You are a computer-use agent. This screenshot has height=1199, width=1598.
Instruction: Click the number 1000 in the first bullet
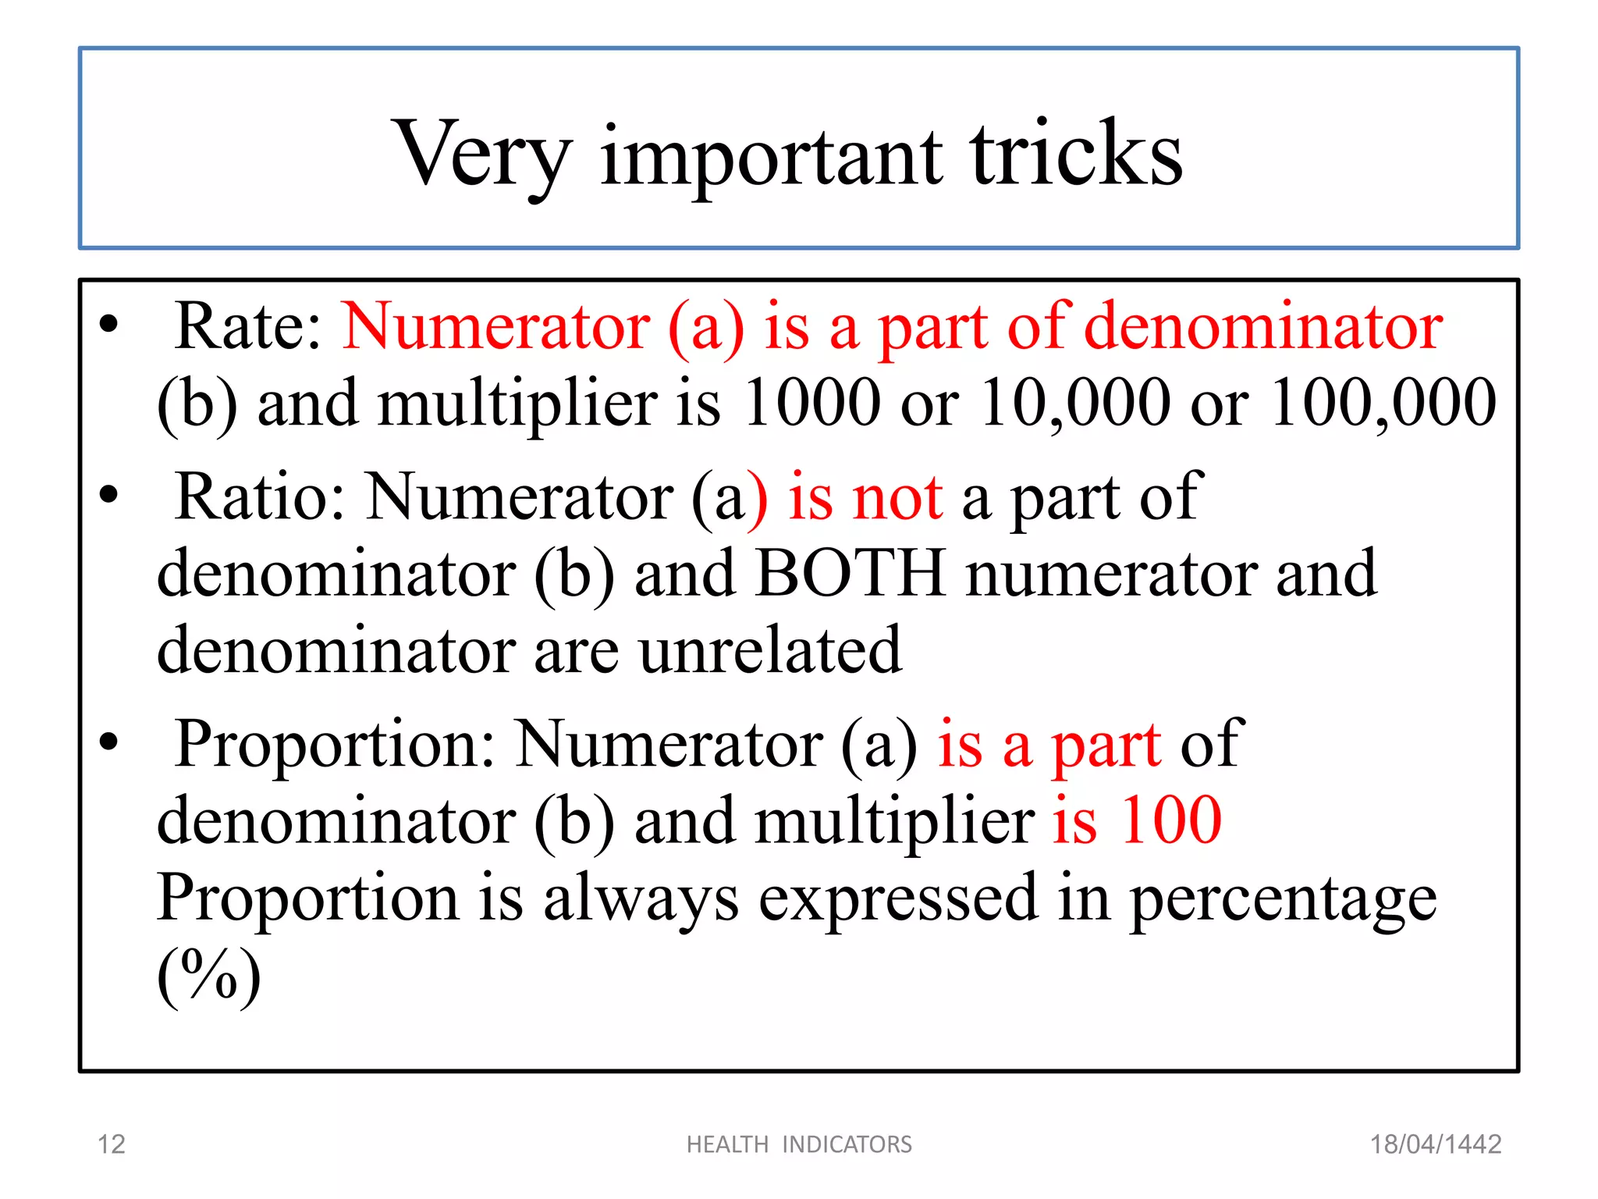click(811, 403)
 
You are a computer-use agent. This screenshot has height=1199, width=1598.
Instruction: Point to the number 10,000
click(1075, 403)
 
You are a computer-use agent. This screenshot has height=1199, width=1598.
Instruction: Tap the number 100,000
click(1383, 403)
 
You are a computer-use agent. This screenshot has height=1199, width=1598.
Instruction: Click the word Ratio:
click(260, 497)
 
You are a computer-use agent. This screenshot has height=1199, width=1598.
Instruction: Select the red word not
click(897, 499)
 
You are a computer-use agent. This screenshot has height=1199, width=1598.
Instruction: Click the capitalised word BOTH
click(850, 574)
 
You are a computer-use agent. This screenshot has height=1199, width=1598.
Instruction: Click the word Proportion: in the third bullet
click(334, 744)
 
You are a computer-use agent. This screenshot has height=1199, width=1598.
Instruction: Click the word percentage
click(1283, 900)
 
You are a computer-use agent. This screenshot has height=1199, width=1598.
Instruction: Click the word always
click(640, 900)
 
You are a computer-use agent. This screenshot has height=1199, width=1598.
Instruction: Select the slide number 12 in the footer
click(111, 1144)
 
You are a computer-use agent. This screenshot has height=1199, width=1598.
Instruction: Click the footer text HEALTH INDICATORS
click(799, 1144)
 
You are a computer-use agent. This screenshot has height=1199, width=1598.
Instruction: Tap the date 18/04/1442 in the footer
click(1436, 1144)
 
